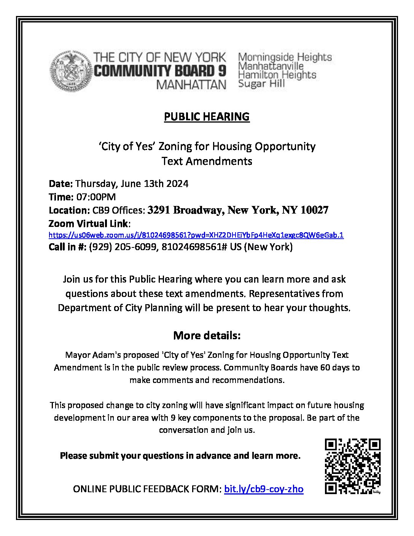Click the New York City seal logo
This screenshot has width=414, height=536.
pos(71,71)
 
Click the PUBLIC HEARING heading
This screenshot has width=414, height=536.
pos(207,116)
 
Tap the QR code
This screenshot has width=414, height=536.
pos(352,466)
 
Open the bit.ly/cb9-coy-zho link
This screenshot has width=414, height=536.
pos(264,489)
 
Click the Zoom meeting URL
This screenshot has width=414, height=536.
pos(196,235)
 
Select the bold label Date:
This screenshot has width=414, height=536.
pos(61,184)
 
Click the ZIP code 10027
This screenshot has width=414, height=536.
pos(314,210)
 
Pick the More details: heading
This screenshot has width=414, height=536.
pos(207,336)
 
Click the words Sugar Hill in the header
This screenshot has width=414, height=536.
pos(261,84)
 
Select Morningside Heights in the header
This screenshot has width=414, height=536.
pos(285,57)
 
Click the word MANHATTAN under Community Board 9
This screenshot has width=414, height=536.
pos(191,85)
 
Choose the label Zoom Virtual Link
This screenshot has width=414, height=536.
pos(89,223)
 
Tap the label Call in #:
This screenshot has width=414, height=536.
pos(67,247)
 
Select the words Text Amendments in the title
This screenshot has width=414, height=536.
pos(207,161)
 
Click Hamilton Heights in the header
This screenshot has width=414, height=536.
pos(277,75)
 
